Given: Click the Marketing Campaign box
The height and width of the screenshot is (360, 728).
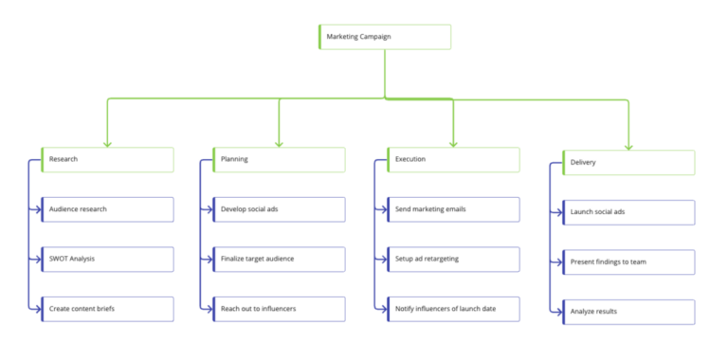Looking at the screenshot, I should tap(384, 37).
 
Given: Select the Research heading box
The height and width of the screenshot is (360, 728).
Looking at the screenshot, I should tap(107, 159).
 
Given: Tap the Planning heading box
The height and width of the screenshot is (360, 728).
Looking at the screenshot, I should tap(279, 159).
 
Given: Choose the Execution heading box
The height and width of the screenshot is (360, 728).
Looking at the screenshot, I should tap(453, 159).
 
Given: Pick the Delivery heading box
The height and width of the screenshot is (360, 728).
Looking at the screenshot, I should tap(628, 163).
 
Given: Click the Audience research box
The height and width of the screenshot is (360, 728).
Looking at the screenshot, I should tap(107, 209).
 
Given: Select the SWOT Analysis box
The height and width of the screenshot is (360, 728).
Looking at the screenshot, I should tap(107, 259).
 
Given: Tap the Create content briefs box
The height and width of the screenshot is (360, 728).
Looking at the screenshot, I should tap(107, 309).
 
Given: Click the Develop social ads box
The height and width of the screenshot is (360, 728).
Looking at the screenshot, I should tap(279, 209).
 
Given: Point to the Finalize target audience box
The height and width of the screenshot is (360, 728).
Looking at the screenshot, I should tap(279, 259).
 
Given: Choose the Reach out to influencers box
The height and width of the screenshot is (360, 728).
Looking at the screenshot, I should tap(279, 309).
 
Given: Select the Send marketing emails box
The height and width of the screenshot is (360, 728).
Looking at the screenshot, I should tap(453, 209).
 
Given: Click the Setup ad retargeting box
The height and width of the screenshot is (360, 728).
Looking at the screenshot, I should tap(453, 259).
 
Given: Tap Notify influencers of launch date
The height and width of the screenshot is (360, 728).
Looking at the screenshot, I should tap(453, 309).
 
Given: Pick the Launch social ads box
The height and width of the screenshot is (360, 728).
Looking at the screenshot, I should tap(628, 212).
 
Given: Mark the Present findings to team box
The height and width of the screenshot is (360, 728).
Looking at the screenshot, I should tap(628, 262).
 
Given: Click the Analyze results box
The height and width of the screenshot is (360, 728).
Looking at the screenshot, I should tap(628, 312).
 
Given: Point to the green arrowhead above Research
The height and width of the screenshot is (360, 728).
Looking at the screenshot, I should tap(107, 143).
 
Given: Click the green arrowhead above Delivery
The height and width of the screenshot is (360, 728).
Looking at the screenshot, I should tap(628, 146).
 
